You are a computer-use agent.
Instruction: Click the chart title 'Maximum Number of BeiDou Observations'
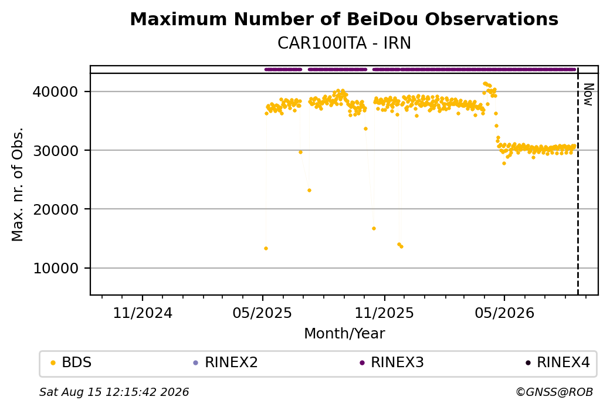point(344,19)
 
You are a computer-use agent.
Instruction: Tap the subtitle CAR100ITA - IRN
point(344,43)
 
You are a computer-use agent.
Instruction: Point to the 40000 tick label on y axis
point(56,92)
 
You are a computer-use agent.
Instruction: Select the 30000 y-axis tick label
point(56,151)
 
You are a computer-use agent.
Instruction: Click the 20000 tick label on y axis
point(56,209)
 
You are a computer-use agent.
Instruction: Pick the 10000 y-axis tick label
point(56,269)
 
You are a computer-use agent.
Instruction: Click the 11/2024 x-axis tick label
point(143,313)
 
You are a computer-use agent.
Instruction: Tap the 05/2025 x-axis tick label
point(262,313)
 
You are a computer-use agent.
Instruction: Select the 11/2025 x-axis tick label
point(384,313)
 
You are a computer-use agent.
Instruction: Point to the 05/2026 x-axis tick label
point(504,313)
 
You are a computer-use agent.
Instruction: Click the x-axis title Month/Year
point(344,334)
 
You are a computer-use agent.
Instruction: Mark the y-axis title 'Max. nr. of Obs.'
point(18,184)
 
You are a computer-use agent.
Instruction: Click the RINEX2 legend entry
point(226,362)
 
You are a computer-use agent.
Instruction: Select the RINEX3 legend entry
point(392,362)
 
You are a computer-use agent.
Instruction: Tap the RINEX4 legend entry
point(558,362)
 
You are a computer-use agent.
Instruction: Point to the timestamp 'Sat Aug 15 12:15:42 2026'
point(114,392)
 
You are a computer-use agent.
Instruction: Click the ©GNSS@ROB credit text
point(554,392)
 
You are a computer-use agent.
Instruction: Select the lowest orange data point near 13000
point(266,248)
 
